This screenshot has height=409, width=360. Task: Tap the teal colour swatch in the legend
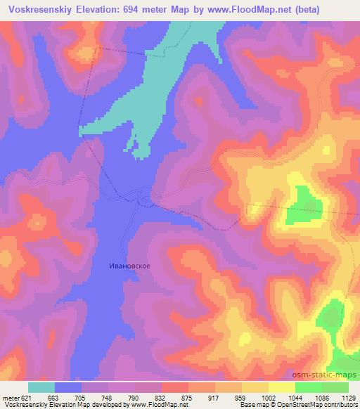pos(41,387)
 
